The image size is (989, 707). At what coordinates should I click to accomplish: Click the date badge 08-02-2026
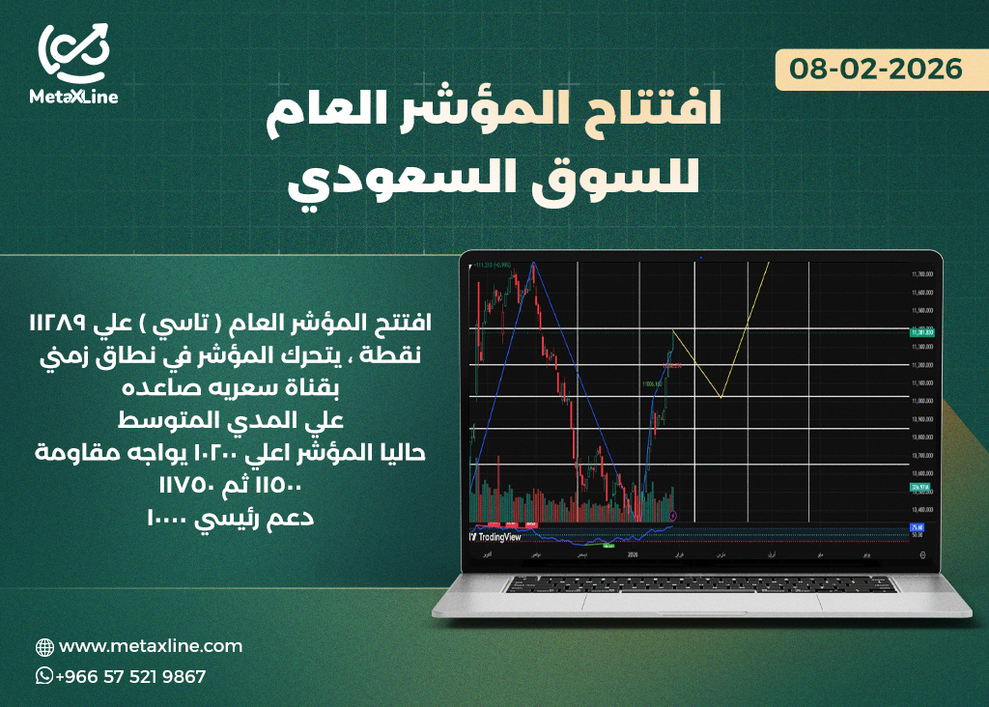tap(876, 70)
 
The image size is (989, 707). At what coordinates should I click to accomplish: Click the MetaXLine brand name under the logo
tap(73, 96)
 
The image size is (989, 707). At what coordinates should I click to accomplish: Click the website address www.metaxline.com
tap(151, 646)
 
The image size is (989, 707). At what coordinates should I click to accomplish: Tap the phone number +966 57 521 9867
tap(130, 677)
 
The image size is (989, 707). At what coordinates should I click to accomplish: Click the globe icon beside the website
tap(44, 647)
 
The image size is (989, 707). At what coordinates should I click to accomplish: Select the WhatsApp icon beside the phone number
tap(44, 676)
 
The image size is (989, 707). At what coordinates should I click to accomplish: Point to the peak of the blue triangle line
tap(531, 264)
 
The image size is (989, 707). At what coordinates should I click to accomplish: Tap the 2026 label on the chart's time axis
tap(634, 554)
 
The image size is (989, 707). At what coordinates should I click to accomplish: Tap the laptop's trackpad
tap(702, 600)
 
